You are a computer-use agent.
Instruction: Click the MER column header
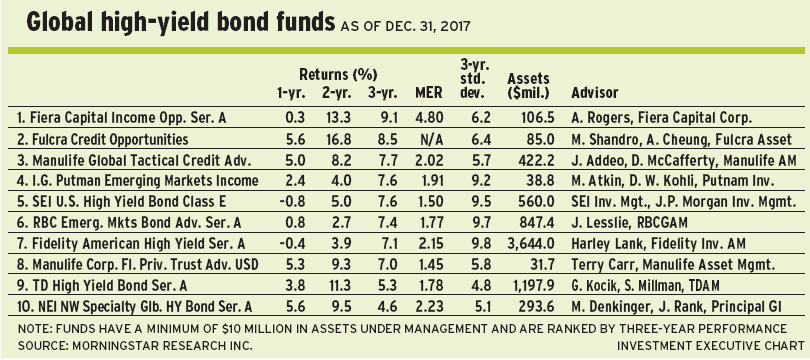[429, 93]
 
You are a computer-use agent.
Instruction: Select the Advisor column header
[595, 93]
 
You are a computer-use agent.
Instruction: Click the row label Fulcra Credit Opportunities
[103, 139]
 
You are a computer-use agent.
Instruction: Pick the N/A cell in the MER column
[432, 139]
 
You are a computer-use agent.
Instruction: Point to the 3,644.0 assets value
[532, 244]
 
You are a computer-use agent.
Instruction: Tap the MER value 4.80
[430, 118]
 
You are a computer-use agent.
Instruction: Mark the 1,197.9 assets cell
[532, 286]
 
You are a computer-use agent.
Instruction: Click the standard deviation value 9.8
[474, 244]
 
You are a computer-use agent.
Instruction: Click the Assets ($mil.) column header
[528, 86]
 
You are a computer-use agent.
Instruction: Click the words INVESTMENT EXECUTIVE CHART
[710, 345]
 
